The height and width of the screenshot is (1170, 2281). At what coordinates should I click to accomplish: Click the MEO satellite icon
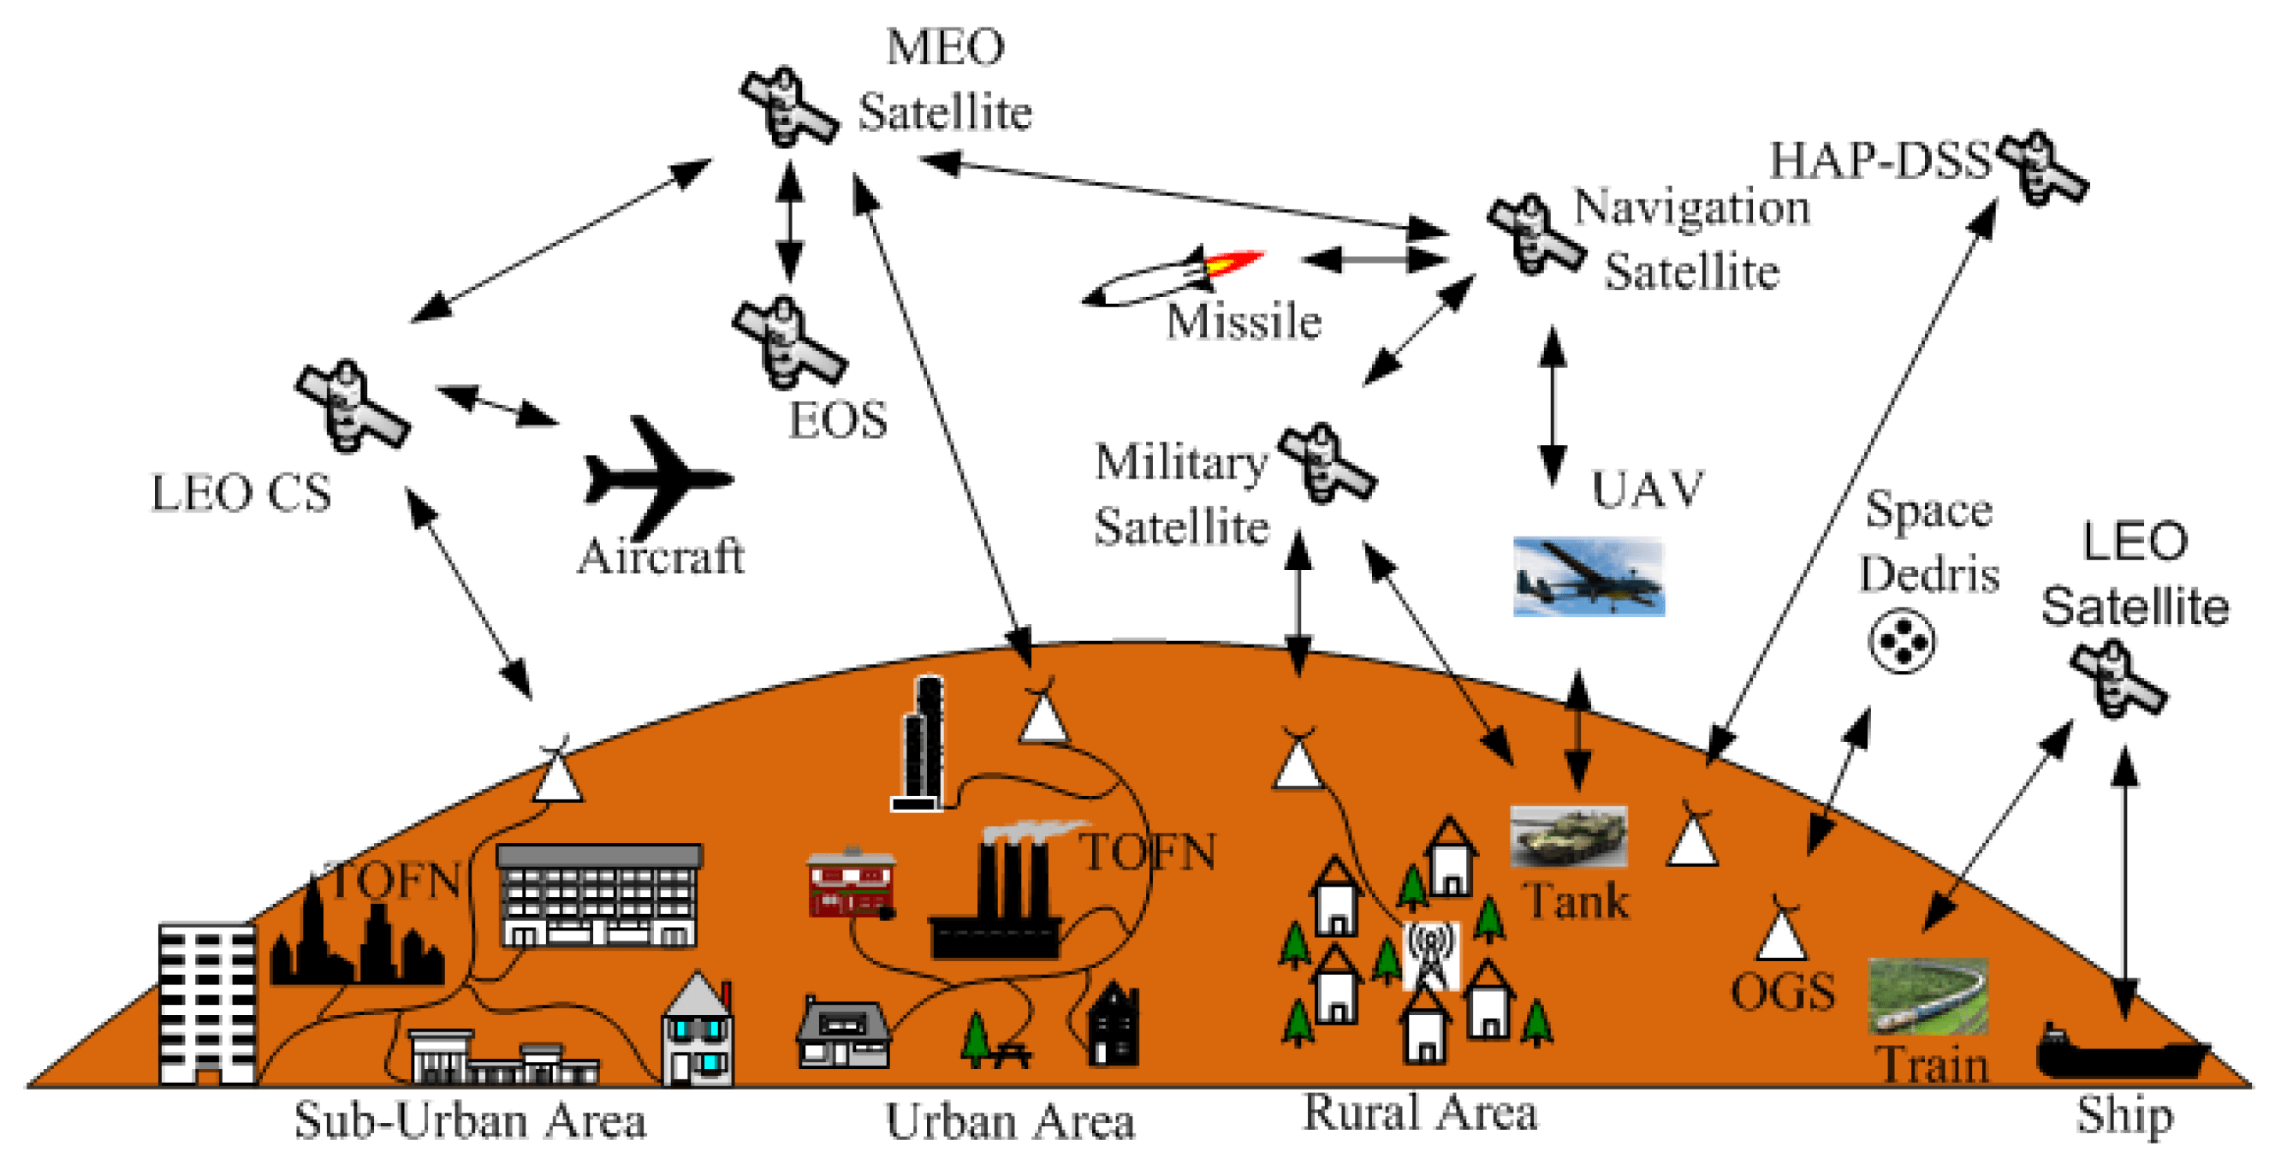pos(788,109)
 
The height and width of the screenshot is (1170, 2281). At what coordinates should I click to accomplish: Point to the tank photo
pos(1567,835)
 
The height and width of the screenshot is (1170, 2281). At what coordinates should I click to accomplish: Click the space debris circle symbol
pos(1901,640)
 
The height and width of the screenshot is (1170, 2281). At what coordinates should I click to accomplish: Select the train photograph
pos(1927,996)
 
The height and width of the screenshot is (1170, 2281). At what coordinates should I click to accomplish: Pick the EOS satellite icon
pos(788,345)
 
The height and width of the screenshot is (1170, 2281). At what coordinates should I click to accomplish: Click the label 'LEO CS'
pos(241,493)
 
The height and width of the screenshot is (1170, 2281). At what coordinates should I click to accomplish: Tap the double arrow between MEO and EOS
pos(789,222)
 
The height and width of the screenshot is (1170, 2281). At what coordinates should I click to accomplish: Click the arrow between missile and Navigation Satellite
pos(1374,259)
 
